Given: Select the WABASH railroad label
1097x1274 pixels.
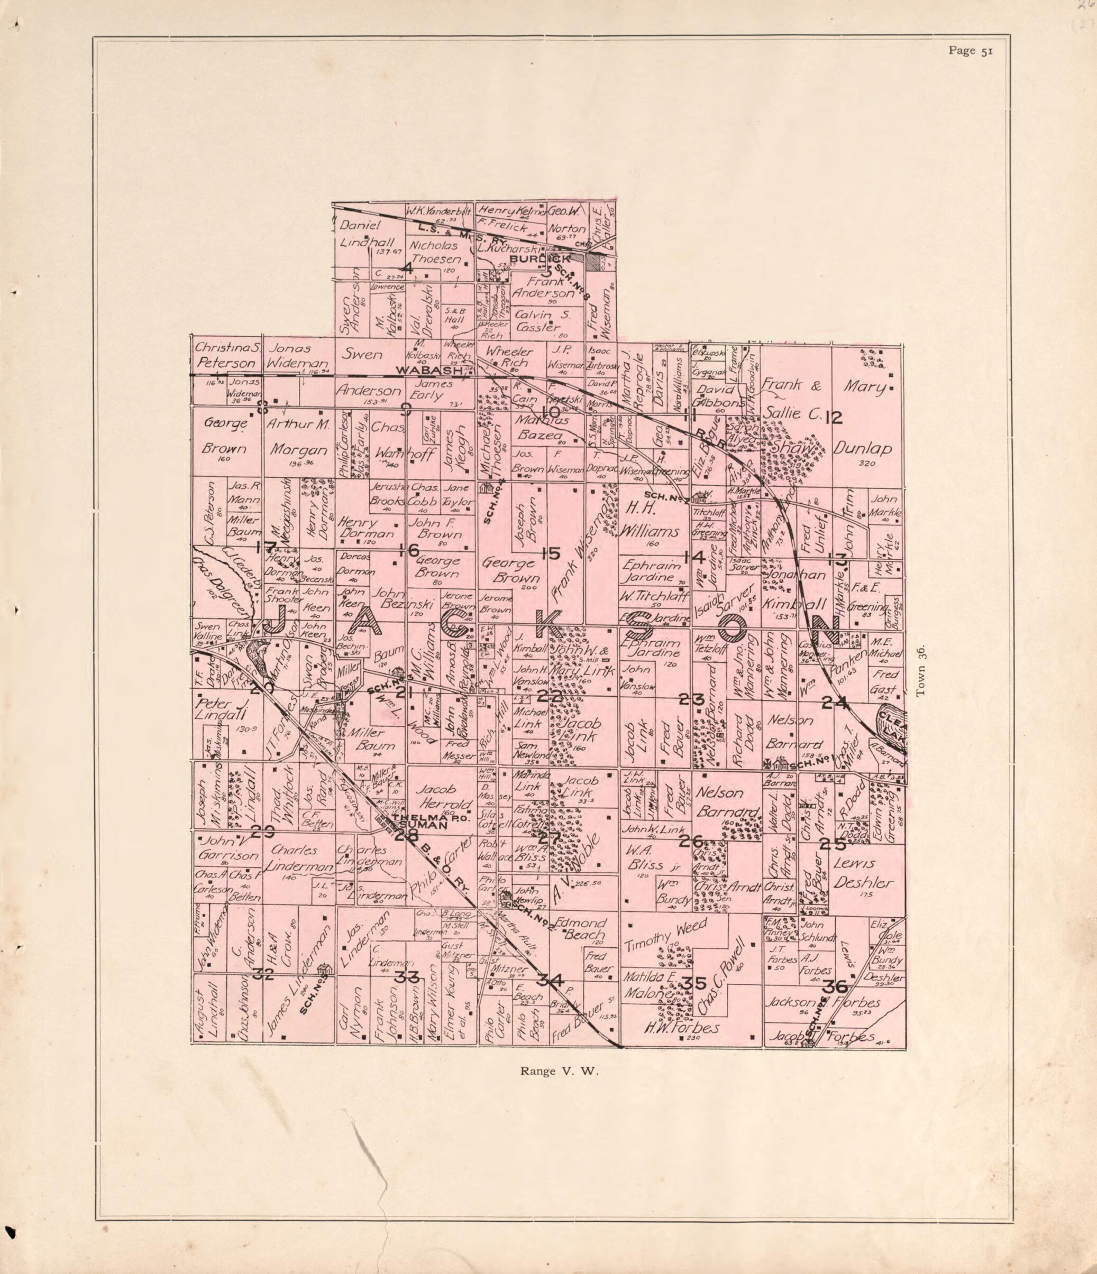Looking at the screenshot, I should coord(428,371).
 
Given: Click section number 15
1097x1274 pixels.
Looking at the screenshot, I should coord(550,554).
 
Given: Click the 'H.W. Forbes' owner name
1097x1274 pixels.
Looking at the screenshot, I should coord(681,1028).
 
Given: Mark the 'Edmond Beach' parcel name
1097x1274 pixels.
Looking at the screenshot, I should coord(581,930).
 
